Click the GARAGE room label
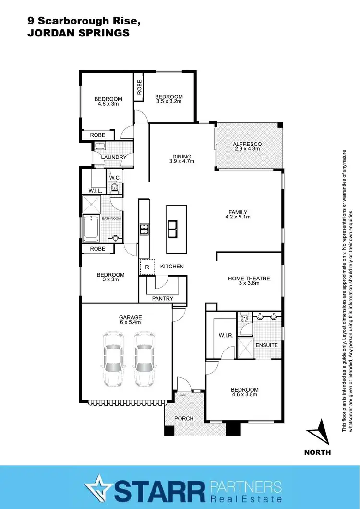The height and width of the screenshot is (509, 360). tap(131, 317)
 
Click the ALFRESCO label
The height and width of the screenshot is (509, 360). tap(247, 144)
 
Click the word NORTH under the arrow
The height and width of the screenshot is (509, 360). tap(317, 452)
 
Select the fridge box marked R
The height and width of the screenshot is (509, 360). tap(147, 267)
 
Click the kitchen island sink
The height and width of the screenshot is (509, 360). tap(173, 229)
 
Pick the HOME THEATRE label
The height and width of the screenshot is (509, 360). tap(249, 279)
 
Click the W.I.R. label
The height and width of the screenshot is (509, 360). tap(226, 336)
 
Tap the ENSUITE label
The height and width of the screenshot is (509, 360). tap(266, 345)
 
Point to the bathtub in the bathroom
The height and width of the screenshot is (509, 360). tap(91, 229)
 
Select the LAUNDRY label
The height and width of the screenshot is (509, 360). tap(114, 157)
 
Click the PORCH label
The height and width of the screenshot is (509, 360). tap(184, 418)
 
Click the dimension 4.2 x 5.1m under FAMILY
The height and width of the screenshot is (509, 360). tap(238, 218)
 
